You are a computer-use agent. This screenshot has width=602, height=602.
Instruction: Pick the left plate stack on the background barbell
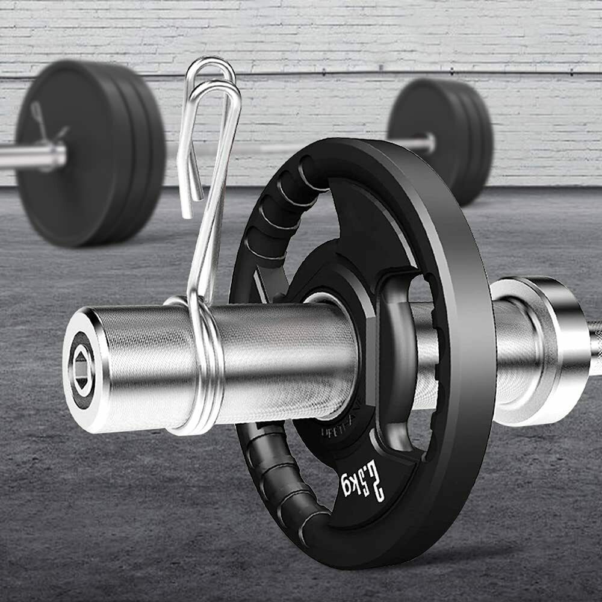(x=90, y=154)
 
